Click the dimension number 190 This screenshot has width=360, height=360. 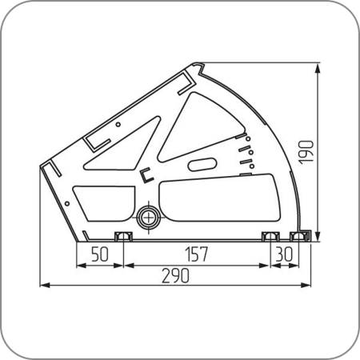tap(306, 152)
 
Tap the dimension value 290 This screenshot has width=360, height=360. tap(176, 276)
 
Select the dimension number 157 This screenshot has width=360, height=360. tap(197, 254)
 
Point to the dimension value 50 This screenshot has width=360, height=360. tap(100, 254)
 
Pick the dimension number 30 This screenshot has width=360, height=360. tap(284, 254)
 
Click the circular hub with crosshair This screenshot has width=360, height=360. tap(149, 218)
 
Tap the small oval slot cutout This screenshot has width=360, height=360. tap(202, 165)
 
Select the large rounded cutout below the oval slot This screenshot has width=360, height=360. tap(220, 198)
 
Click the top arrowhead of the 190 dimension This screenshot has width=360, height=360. tap(318, 69)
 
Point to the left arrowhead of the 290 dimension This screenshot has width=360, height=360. tap(45, 286)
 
